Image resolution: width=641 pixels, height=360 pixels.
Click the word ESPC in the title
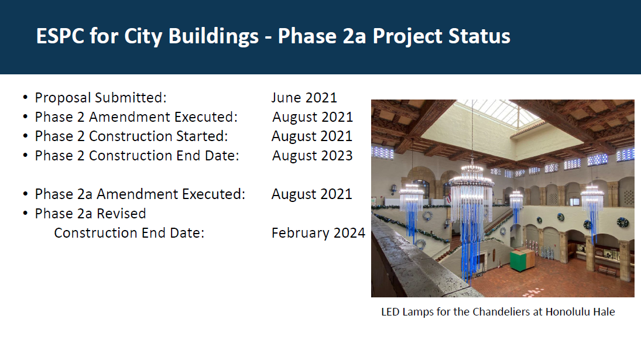(60, 36)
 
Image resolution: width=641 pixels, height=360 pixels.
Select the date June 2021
(304, 98)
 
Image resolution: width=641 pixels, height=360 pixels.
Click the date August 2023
(313, 156)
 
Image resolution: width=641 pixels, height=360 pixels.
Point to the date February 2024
(318, 233)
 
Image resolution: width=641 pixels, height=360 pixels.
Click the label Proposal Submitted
(101, 98)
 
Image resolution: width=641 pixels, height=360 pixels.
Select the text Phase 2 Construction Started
(131, 136)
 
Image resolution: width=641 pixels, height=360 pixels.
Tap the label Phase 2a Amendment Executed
(140, 194)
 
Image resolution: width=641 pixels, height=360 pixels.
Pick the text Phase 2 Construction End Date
(136, 156)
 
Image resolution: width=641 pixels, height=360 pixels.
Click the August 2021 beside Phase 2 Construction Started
(312, 136)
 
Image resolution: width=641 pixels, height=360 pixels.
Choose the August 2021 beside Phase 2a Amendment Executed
(312, 194)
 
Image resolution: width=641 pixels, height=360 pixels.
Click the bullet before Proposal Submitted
(25, 98)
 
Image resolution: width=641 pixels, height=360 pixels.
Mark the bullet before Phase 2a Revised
(25, 213)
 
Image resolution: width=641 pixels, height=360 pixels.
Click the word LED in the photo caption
(390, 312)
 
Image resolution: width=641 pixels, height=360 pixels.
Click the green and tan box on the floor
(522, 259)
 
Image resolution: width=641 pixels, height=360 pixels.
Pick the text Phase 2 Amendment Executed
(136, 117)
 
